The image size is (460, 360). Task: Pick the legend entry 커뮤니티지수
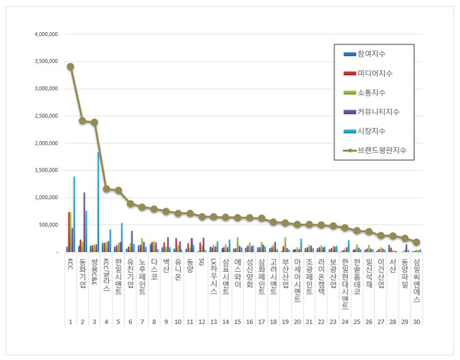tap(378, 112)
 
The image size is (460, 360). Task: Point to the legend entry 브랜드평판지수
tap(381, 150)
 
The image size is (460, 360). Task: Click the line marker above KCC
tap(71, 67)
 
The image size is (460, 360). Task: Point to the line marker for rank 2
tap(82, 120)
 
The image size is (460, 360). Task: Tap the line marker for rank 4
tap(107, 188)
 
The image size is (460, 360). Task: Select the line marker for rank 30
tap(416, 242)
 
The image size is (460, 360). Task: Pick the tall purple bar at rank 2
tap(84, 221)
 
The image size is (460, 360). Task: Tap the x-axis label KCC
tap(71, 264)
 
